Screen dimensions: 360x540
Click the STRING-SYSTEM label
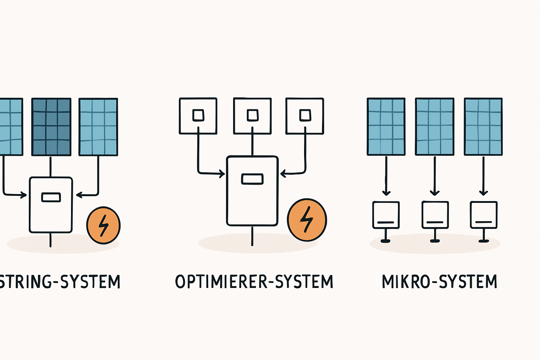click(60, 282)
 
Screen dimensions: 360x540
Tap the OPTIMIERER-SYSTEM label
click(254, 282)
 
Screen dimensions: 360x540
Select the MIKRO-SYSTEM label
click(439, 282)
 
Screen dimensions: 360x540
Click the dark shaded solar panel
click(51, 127)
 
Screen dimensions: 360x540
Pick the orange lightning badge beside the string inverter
click(103, 225)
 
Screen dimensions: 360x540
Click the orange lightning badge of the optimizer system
click(307, 220)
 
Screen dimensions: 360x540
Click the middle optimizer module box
click(252, 116)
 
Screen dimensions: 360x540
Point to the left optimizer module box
click(198, 116)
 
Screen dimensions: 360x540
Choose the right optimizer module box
click(305, 116)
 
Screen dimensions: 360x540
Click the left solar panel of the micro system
click(386, 127)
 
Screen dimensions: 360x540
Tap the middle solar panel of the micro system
click(435, 127)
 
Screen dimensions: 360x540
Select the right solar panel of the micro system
click(483, 127)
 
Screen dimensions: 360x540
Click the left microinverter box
click(386, 215)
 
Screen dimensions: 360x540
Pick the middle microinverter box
click(435, 215)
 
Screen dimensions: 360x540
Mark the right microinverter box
click(483, 215)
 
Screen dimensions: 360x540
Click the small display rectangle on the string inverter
click(51, 197)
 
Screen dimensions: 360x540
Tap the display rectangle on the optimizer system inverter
click(252, 179)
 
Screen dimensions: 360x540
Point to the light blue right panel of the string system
click(98, 127)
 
